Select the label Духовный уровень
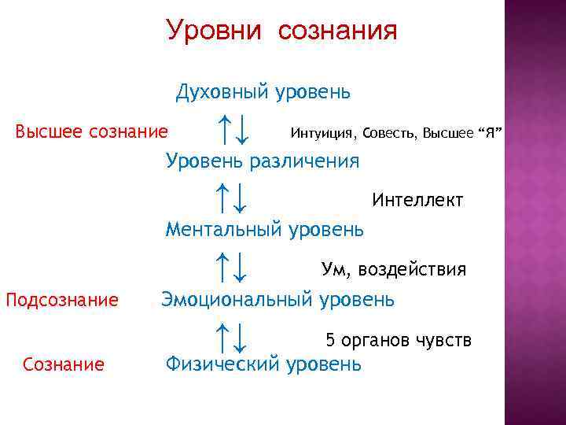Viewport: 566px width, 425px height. point(263,92)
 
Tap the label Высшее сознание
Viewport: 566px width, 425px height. point(92,130)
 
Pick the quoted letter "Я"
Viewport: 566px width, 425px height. point(489,131)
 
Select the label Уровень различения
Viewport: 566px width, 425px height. point(263,161)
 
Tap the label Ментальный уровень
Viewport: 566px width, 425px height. point(264,230)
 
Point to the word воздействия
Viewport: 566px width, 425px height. point(412,270)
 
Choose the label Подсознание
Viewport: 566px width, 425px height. point(62,300)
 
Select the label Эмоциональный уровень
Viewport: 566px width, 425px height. point(278,299)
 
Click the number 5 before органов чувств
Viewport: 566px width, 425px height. point(331,341)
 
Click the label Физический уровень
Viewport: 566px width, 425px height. point(263,364)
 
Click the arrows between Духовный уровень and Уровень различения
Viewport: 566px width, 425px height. point(233,128)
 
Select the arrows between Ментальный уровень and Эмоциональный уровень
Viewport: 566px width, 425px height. point(233,267)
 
